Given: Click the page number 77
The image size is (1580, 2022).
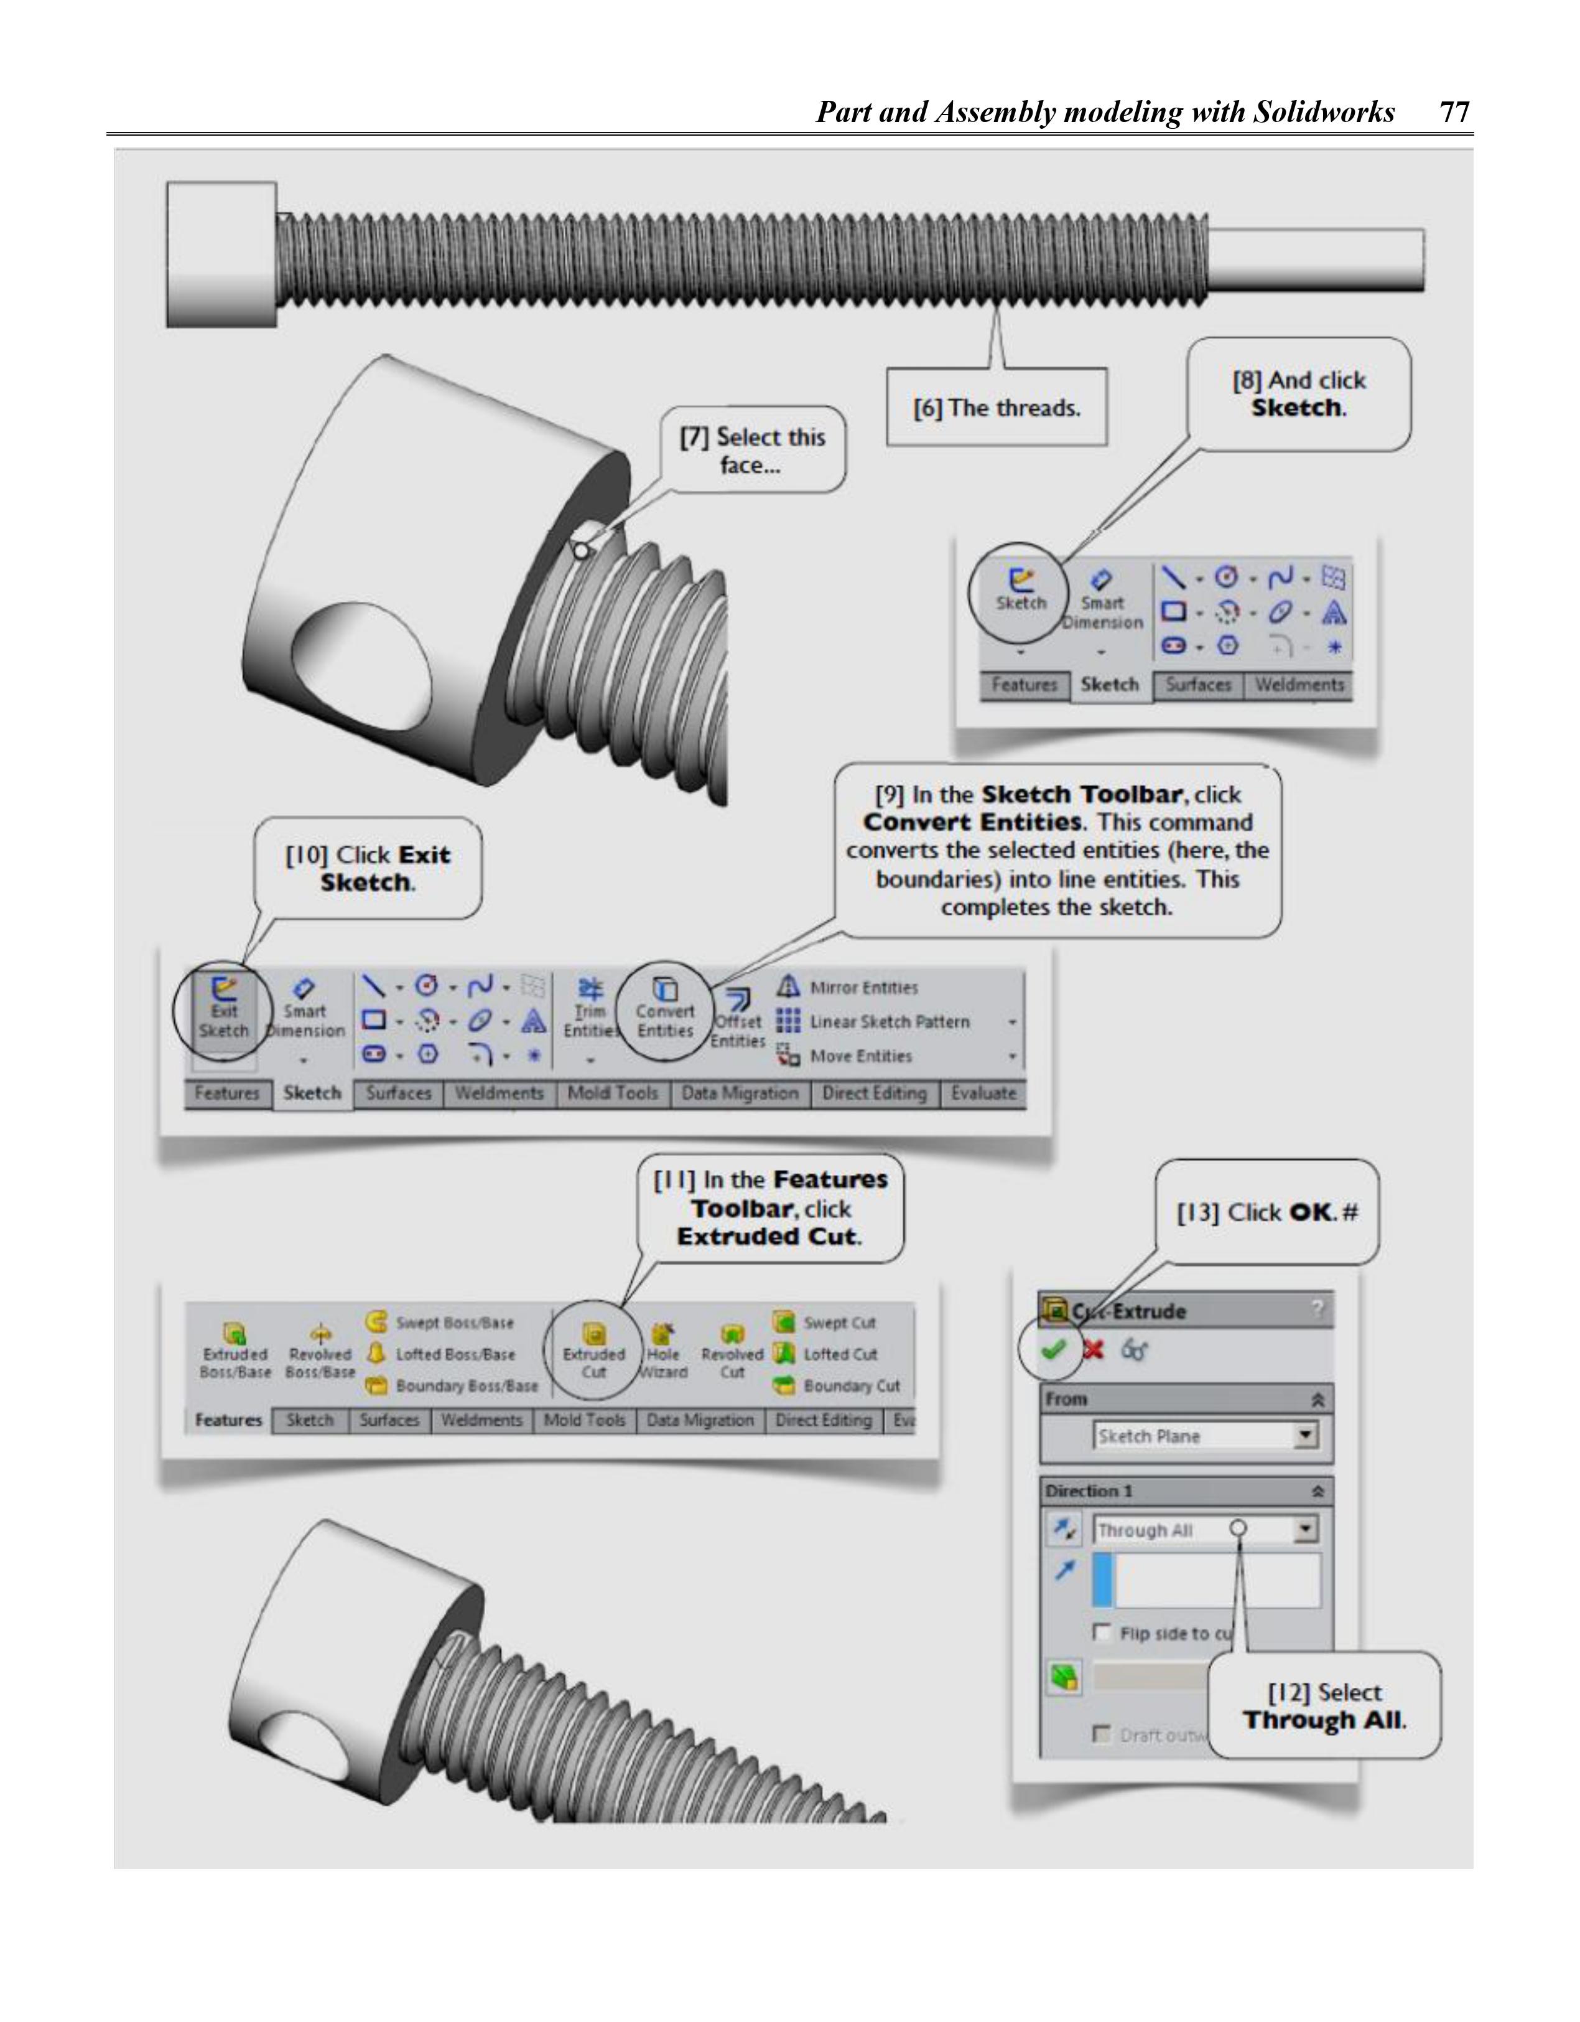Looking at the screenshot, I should click(x=1454, y=112).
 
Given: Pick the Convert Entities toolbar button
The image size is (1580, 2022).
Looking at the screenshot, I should click(x=664, y=1011).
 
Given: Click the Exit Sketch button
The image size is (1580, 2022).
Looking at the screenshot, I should click(x=223, y=1010).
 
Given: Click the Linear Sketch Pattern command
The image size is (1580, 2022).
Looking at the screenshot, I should click(x=888, y=1022).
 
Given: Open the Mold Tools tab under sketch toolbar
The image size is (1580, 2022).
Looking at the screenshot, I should click(x=612, y=1093).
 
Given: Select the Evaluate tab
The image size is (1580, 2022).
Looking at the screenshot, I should click(x=983, y=1093).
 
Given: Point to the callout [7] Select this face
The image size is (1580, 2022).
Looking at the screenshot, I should click(x=751, y=451).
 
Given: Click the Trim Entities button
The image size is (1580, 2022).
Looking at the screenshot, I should click(x=590, y=1011).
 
